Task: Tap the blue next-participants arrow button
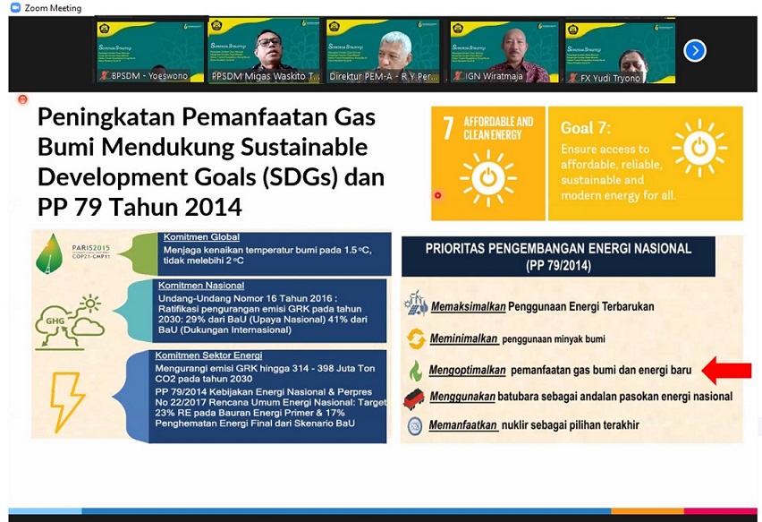click(695, 51)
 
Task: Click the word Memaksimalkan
click(468, 306)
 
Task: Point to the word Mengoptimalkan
click(468, 369)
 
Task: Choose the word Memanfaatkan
click(463, 425)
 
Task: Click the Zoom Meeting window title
click(52, 8)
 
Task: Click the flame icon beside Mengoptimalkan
click(415, 370)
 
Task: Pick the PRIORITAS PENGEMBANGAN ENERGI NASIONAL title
click(557, 248)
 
